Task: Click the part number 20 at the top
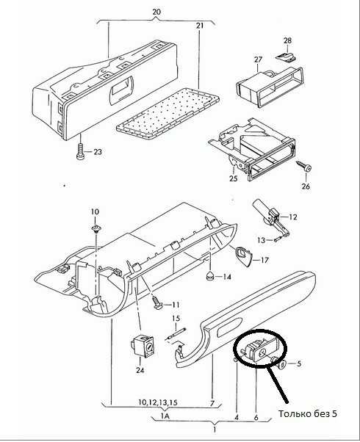point(156,12)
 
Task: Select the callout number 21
point(200,26)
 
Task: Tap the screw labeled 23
point(80,152)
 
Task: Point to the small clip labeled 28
point(286,57)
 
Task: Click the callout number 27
point(258,59)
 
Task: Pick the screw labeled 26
point(303,167)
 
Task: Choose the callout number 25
point(234,178)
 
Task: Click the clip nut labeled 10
point(96,228)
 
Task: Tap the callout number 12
point(293,217)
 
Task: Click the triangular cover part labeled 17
point(242,256)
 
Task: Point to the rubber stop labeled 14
point(210,277)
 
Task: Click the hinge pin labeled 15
point(176,334)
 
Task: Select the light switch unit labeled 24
point(143,346)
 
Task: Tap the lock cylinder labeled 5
point(281,364)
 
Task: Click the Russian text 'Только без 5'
point(308,414)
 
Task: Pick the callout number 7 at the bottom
point(212,403)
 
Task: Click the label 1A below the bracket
point(165,416)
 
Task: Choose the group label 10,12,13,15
point(157,402)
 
